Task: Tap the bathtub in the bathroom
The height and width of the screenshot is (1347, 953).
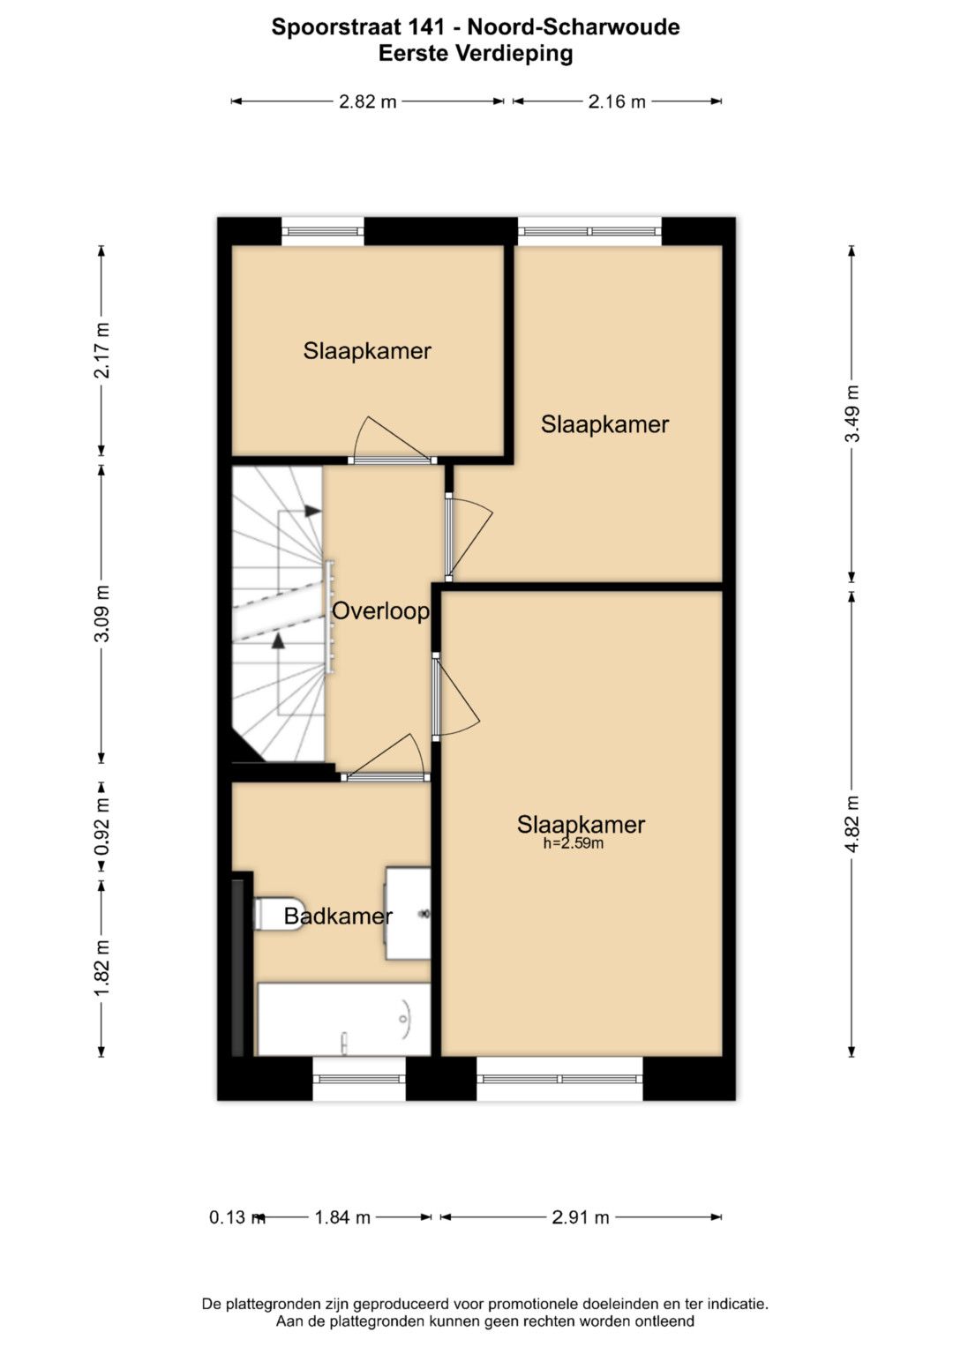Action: tap(343, 1019)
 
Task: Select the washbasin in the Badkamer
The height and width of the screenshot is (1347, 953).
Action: tap(408, 913)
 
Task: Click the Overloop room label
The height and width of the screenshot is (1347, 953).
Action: tap(381, 611)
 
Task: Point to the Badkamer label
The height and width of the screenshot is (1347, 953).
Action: tap(338, 916)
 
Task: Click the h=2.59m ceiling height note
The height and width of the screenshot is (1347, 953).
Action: tap(574, 843)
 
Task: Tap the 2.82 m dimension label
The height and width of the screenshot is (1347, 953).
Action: tap(368, 101)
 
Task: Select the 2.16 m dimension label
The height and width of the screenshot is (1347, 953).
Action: tap(617, 101)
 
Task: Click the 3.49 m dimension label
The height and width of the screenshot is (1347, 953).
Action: tap(852, 414)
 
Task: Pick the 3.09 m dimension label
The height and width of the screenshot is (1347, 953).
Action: tap(102, 613)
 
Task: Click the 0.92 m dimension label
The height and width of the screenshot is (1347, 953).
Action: tap(102, 827)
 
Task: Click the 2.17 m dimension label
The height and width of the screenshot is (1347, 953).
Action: tap(102, 350)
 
